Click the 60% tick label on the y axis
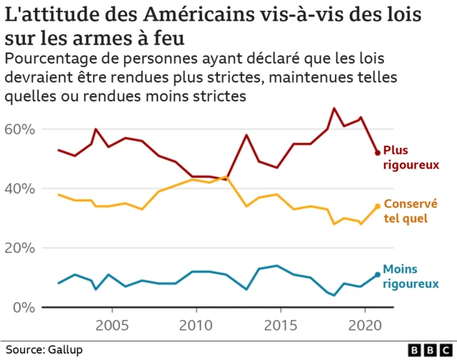(19, 129)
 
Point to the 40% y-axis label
(19, 189)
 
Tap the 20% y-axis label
(19, 248)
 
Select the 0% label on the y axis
(23, 307)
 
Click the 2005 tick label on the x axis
(112, 326)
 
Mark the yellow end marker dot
(378, 206)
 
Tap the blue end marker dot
(378, 275)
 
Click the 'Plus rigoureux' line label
(410, 157)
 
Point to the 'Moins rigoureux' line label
(410, 276)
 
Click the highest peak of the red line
(334, 109)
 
